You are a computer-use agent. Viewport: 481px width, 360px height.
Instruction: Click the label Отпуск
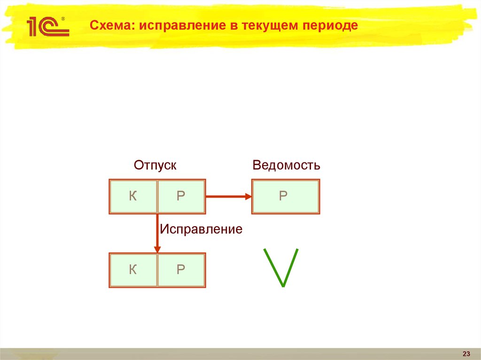[x=155, y=165]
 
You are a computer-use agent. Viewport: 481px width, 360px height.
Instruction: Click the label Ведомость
[x=286, y=165]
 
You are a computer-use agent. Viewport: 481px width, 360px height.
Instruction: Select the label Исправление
[x=201, y=230]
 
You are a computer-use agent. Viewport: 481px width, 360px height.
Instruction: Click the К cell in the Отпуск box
[x=133, y=196]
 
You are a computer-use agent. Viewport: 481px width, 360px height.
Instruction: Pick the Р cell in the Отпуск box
[x=181, y=196]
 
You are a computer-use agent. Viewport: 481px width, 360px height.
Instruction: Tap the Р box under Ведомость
[x=286, y=196]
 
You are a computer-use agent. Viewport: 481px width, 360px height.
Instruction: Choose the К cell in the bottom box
[x=133, y=270]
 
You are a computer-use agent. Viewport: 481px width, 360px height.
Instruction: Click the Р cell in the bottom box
[x=181, y=270]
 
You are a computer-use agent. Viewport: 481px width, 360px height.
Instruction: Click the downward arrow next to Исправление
[x=157, y=232]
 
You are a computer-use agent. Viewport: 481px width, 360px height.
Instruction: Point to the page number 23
[x=466, y=353]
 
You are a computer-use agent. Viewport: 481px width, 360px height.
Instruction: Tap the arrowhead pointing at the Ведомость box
[x=248, y=197]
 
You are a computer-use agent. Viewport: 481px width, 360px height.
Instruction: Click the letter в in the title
[x=233, y=26]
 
